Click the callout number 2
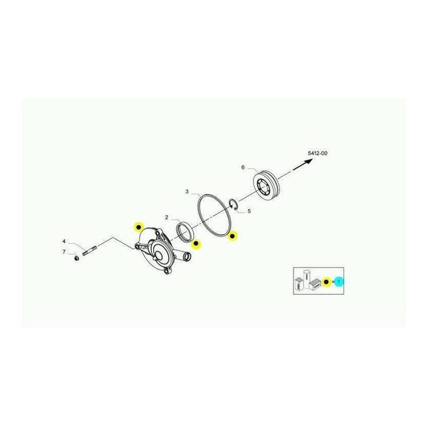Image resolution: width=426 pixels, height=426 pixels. coord(166,218)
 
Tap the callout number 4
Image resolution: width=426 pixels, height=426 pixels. coord(64,241)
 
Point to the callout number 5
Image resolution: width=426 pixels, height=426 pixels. coord(249,212)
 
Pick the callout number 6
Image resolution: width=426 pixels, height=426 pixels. coord(243,167)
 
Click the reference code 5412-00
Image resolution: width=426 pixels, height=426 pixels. coord(318,154)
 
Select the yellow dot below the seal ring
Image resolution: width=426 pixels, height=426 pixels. coord(196,243)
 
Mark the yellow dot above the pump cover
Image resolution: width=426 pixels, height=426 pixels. coord(138,226)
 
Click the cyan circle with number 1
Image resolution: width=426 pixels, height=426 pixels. coord(339,282)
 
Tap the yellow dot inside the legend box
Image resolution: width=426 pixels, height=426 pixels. coord(327,282)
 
